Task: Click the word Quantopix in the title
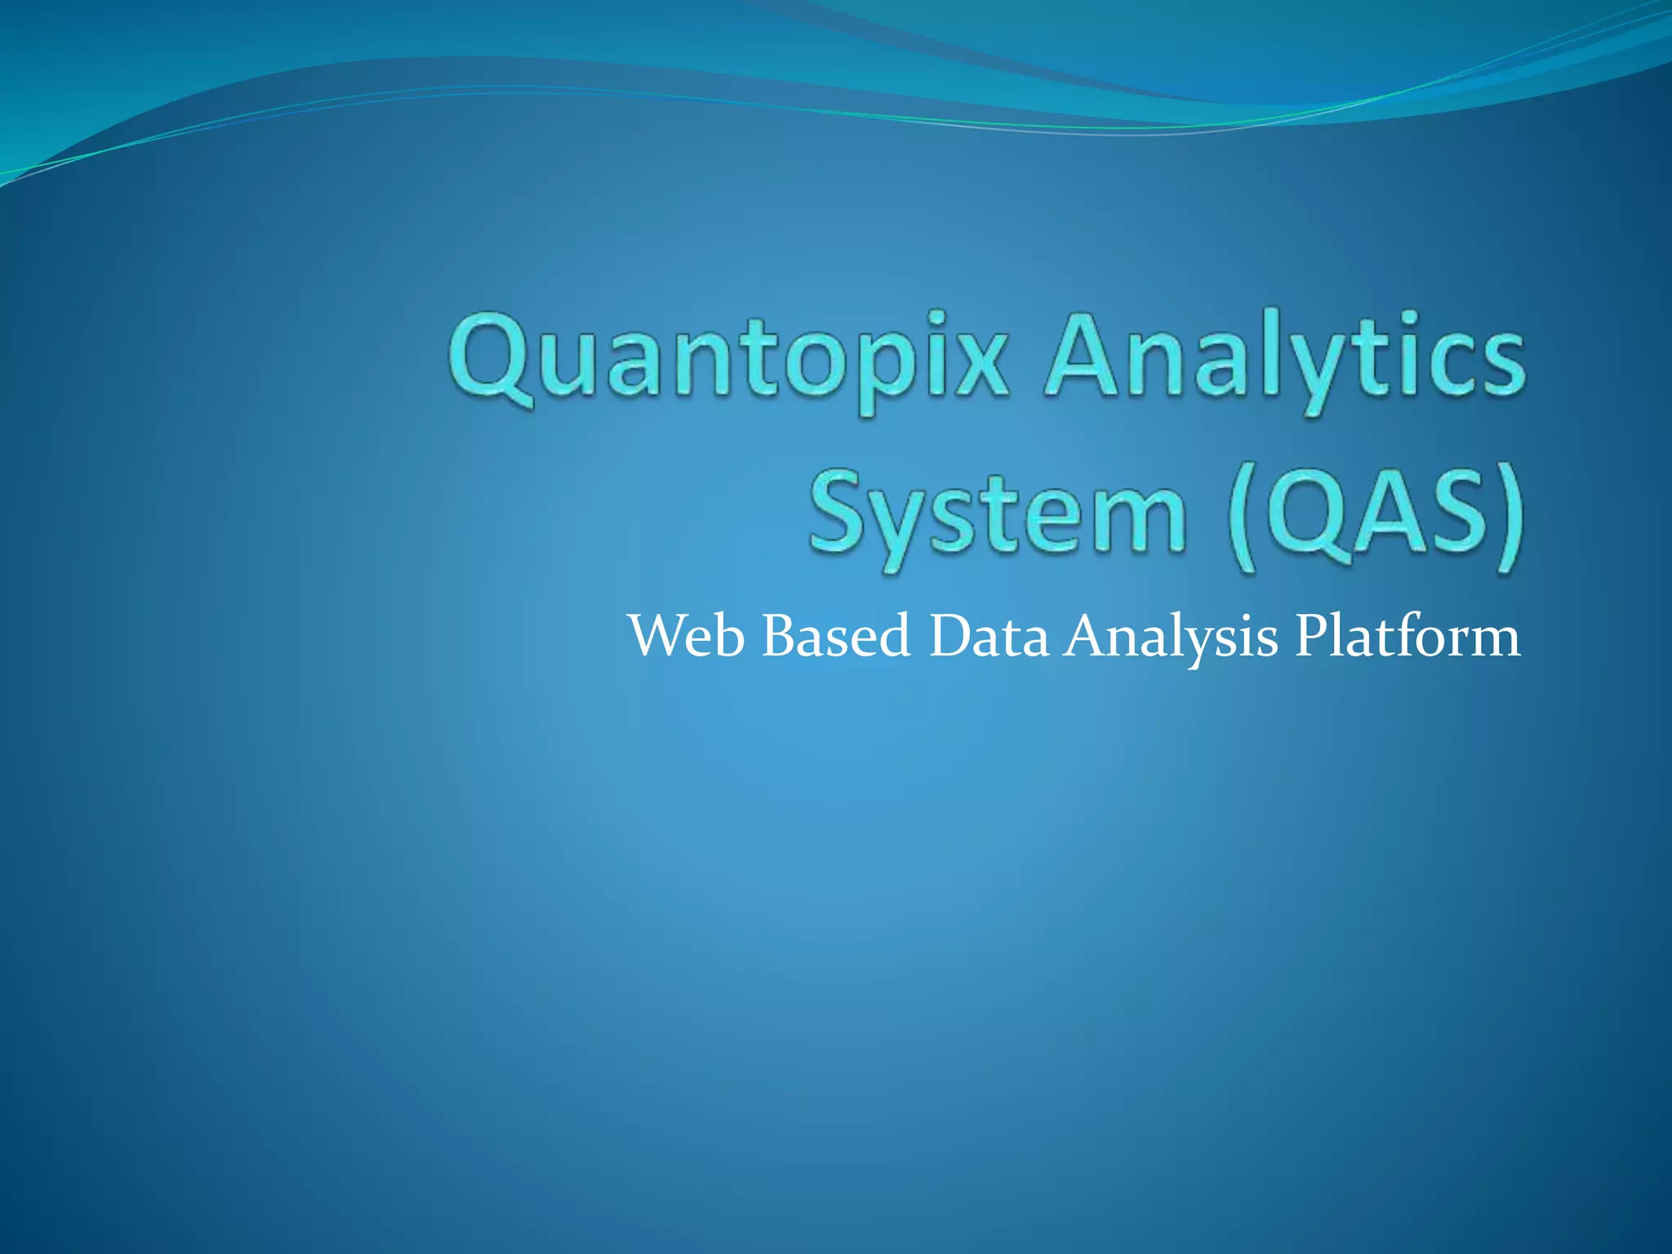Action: click(727, 359)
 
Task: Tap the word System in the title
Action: click(996, 514)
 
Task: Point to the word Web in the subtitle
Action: click(686, 637)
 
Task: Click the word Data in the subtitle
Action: click(988, 637)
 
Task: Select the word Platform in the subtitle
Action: click(1407, 637)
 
